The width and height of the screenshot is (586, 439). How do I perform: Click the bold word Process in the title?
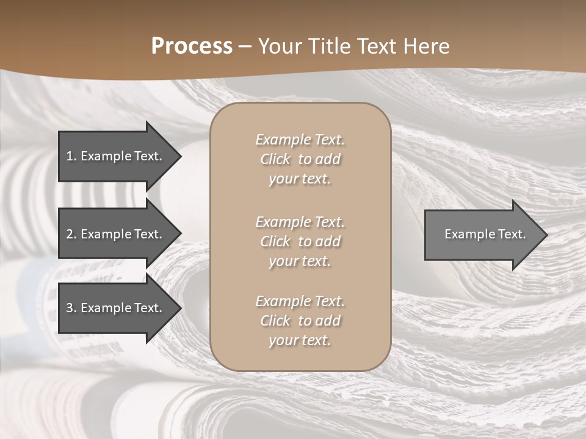(x=192, y=46)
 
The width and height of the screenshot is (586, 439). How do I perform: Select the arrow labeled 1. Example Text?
(x=116, y=156)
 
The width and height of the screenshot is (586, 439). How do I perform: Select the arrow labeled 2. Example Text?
(x=116, y=234)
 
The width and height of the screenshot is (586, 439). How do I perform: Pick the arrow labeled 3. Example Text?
(x=116, y=308)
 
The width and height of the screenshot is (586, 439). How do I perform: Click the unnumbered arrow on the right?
(x=482, y=234)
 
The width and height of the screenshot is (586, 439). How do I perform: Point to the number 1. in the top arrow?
(x=71, y=156)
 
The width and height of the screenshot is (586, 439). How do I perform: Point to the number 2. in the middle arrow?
(x=71, y=234)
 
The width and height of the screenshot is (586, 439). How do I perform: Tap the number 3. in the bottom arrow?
(x=71, y=308)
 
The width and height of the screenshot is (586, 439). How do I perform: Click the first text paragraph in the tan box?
(x=300, y=159)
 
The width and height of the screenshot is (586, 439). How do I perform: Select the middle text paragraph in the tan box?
(x=300, y=241)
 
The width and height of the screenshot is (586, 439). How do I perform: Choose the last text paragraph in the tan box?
(x=300, y=321)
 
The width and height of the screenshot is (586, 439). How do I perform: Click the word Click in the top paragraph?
(x=275, y=159)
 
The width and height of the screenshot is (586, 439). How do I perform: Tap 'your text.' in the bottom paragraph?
(x=300, y=340)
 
